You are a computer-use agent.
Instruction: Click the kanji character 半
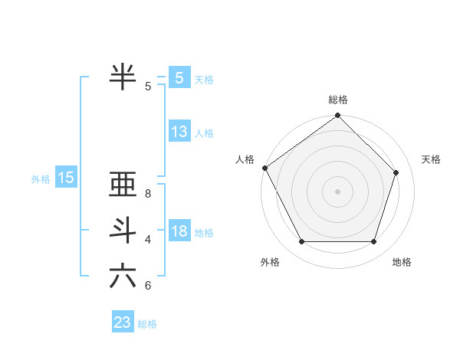tap(123, 76)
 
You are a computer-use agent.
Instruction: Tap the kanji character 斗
tap(123, 230)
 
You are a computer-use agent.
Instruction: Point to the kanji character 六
tap(123, 275)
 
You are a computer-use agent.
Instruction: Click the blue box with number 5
tap(179, 78)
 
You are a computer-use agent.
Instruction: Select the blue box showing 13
tap(179, 132)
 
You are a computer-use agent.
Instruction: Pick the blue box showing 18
tap(179, 231)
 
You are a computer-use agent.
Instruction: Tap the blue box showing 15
tap(65, 178)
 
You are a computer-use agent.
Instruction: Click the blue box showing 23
tap(123, 322)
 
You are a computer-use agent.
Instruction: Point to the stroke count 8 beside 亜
tap(148, 195)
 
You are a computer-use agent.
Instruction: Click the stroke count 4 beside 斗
tap(148, 240)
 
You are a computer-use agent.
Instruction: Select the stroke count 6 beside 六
tap(148, 286)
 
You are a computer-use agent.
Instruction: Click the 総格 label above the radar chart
tap(338, 100)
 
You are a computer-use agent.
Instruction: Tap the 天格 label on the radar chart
tap(432, 159)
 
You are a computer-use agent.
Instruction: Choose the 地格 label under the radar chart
tap(402, 262)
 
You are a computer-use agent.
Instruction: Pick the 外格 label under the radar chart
tap(270, 262)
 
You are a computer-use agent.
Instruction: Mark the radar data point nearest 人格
tap(264, 168)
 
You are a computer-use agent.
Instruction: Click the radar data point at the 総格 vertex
tap(338, 116)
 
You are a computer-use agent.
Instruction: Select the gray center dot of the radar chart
tap(338, 191)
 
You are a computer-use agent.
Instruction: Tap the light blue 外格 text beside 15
tap(41, 179)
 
